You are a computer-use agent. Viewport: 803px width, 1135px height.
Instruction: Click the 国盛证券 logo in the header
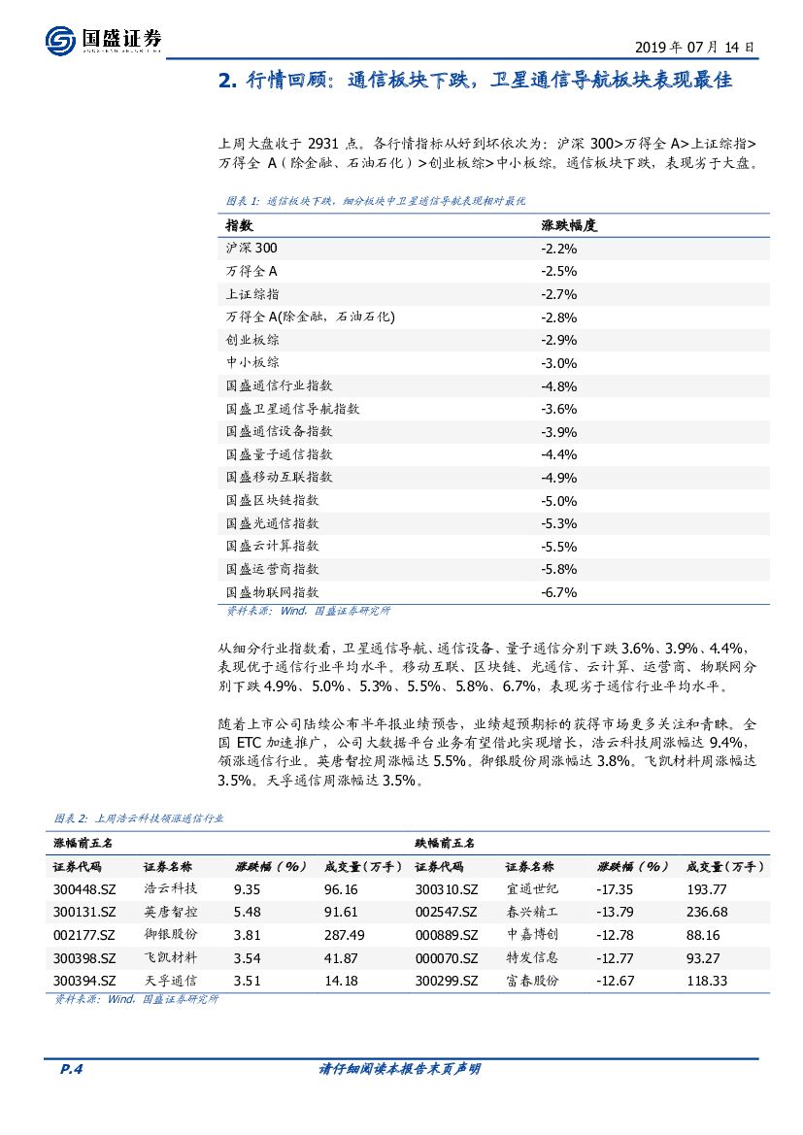pyautogui.click(x=103, y=38)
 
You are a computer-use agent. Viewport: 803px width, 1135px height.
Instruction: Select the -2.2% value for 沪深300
pyautogui.click(x=558, y=248)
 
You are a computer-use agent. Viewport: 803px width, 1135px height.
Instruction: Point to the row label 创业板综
pyautogui.click(x=252, y=340)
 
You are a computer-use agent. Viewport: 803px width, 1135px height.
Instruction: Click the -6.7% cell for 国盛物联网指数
pyautogui.click(x=558, y=591)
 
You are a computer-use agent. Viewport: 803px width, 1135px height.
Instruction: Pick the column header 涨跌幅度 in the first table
pyautogui.click(x=568, y=224)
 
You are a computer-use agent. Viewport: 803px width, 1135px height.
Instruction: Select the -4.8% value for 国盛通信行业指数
pyautogui.click(x=558, y=385)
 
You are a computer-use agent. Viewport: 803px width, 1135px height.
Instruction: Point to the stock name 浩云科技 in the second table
pyautogui.click(x=171, y=888)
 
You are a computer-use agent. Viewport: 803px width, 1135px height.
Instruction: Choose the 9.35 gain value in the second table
pyautogui.click(x=248, y=888)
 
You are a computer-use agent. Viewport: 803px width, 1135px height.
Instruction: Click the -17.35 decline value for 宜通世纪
pyautogui.click(x=615, y=888)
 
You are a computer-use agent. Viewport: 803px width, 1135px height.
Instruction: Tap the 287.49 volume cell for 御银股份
pyautogui.click(x=345, y=934)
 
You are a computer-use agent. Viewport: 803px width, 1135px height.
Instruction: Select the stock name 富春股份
pyautogui.click(x=533, y=981)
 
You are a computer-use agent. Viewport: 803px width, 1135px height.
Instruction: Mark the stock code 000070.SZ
pyautogui.click(x=446, y=957)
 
